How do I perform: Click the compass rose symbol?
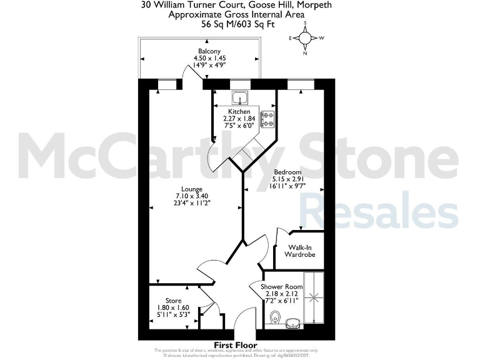pos(306,38)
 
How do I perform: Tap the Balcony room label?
pos(208,51)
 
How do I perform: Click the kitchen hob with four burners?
pos(268,119)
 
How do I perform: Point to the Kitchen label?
pos(239,111)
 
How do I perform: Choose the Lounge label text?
pos(192,189)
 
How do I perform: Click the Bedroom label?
pos(288,172)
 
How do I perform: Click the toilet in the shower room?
pos(270,319)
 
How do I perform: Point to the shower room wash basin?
pos(292,323)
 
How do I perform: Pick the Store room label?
pos(174,301)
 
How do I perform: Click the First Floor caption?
pos(236,345)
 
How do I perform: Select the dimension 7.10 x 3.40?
pos(192,196)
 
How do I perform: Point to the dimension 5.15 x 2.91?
pos(288,179)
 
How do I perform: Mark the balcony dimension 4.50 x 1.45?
pos(208,58)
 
